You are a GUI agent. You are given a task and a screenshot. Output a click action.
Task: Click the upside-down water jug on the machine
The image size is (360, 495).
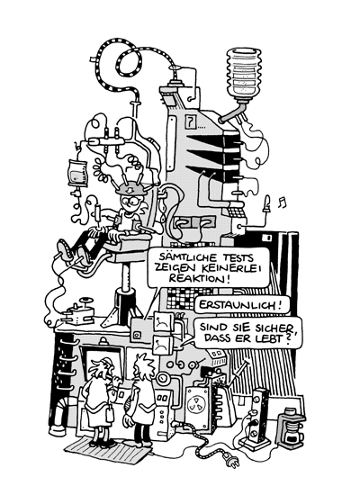point(245,74)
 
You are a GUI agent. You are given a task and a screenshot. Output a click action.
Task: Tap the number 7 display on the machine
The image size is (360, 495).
point(190,121)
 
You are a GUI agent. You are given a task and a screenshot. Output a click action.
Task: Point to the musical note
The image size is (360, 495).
point(282,202)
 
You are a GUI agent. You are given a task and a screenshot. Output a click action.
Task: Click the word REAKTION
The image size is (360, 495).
point(198,278)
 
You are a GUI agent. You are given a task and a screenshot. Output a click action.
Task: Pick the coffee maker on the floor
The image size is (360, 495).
point(291,427)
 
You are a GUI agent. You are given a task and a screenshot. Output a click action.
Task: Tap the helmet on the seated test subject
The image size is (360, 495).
point(130,189)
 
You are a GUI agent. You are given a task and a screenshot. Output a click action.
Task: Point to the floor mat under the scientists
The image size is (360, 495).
point(108,452)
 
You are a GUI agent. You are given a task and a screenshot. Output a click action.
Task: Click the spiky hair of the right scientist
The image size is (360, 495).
point(144,364)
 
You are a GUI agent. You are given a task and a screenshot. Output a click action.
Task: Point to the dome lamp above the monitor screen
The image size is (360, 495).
point(103,341)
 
